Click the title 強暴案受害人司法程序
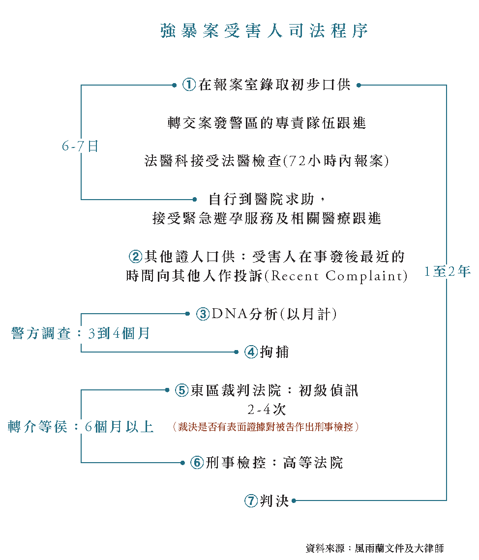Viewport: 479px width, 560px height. tap(264, 30)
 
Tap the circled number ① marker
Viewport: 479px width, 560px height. tap(189, 85)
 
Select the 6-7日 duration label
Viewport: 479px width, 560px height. tap(80, 146)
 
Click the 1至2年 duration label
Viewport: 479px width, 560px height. tap(448, 271)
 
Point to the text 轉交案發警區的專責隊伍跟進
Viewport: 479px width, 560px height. tap(267, 123)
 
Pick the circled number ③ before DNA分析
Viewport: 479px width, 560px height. tap(203, 314)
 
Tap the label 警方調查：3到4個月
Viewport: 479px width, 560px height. tap(81, 333)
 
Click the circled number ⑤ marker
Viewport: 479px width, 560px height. tap(182, 391)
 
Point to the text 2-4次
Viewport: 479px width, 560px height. tap(267, 410)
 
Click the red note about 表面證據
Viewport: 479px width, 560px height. tap(266, 427)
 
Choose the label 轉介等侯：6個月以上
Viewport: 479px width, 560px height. tap(81, 427)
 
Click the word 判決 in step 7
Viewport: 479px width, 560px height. tap(274, 501)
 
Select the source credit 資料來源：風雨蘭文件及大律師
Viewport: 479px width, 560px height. tap(374, 548)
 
